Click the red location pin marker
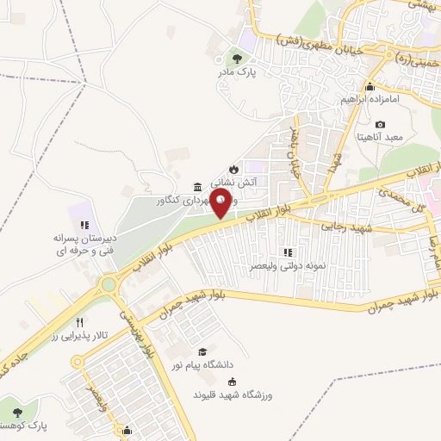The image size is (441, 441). (221, 205)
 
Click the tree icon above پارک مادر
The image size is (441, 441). (237, 59)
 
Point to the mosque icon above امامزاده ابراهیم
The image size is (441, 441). (370, 85)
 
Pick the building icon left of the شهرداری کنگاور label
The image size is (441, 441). (198, 188)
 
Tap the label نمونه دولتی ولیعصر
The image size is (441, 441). (289, 266)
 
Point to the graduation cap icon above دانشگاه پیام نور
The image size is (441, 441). (203, 351)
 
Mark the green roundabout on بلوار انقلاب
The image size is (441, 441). (109, 284)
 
